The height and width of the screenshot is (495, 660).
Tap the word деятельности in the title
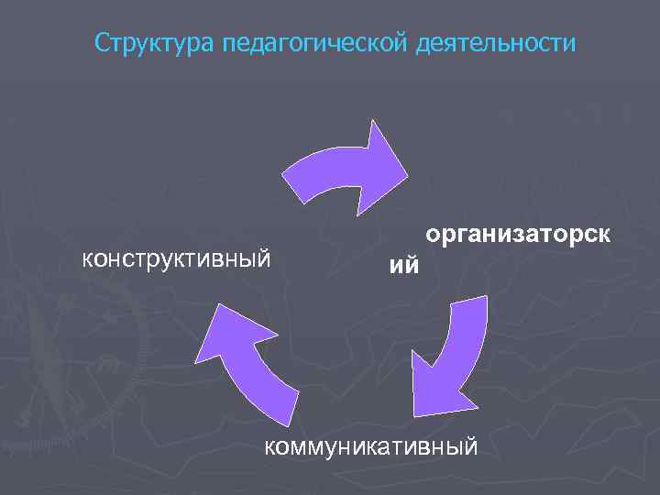pos(497,43)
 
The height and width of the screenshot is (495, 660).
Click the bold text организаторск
pos(518,236)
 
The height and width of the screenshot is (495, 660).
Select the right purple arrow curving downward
pos(454,353)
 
